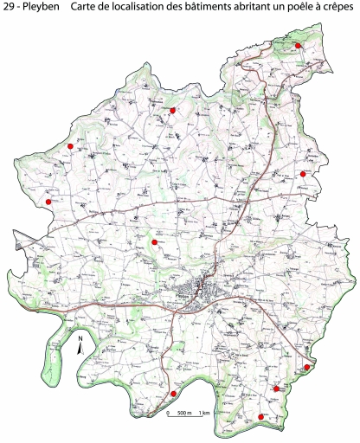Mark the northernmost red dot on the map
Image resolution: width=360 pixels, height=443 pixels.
298,45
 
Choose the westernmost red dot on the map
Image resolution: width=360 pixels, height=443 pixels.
48,202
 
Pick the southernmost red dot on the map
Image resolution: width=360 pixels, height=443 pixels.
260,418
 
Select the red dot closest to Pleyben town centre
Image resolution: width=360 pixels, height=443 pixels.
154,243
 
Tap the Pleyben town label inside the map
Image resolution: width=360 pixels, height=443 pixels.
182,296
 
